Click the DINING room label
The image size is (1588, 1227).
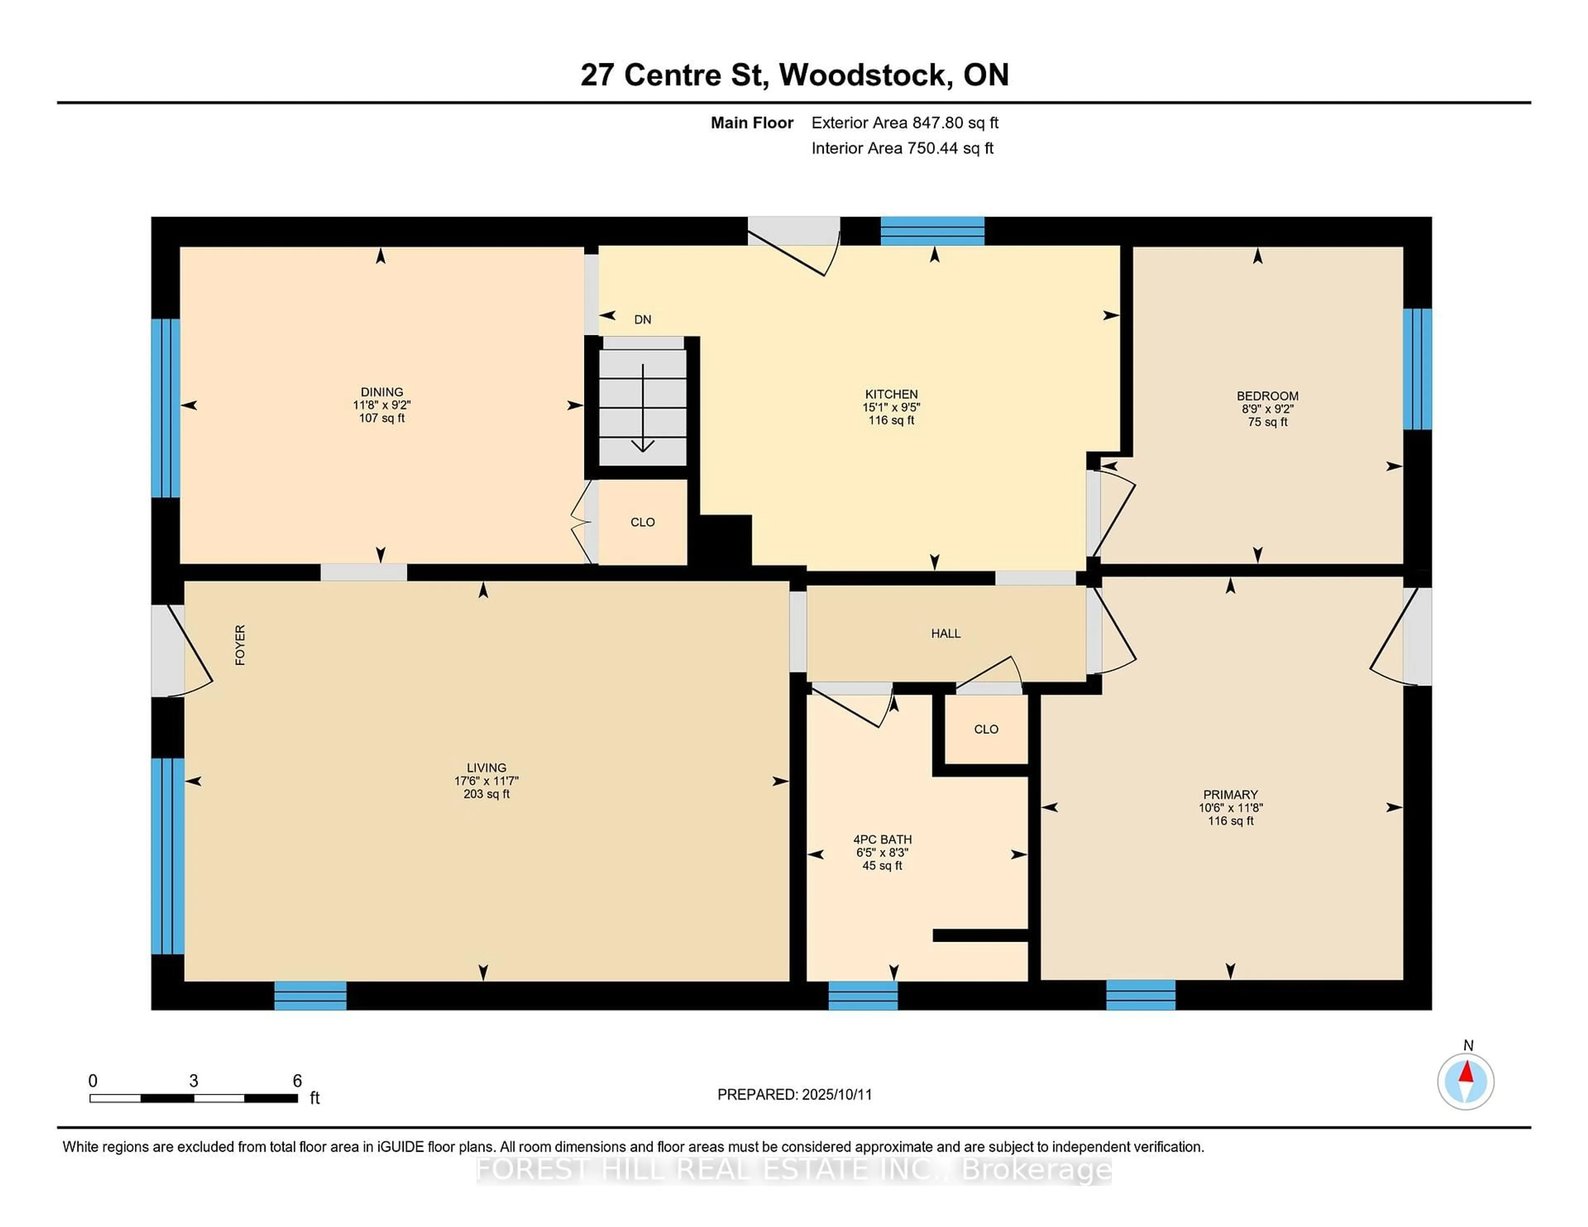(x=382, y=392)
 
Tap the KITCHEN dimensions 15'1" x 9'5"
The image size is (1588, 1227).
(x=892, y=407)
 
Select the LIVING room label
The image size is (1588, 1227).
(x=486, y=768)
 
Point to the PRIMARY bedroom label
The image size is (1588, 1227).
(x=1230, y=795)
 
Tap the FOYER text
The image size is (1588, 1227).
(x=240, y=645)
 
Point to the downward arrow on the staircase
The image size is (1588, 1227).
(x=643, y=408)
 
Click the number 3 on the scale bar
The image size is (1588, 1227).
(x=194, y=1081)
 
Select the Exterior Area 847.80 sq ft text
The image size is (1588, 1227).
(x=905, y=123)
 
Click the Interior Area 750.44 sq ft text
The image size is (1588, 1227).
(x=902, y=148)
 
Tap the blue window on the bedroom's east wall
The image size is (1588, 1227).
(x=1417, y=369)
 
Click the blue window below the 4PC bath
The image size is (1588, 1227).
(x=863, y=995)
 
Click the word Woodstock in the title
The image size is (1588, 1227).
(x=865, y=75)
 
